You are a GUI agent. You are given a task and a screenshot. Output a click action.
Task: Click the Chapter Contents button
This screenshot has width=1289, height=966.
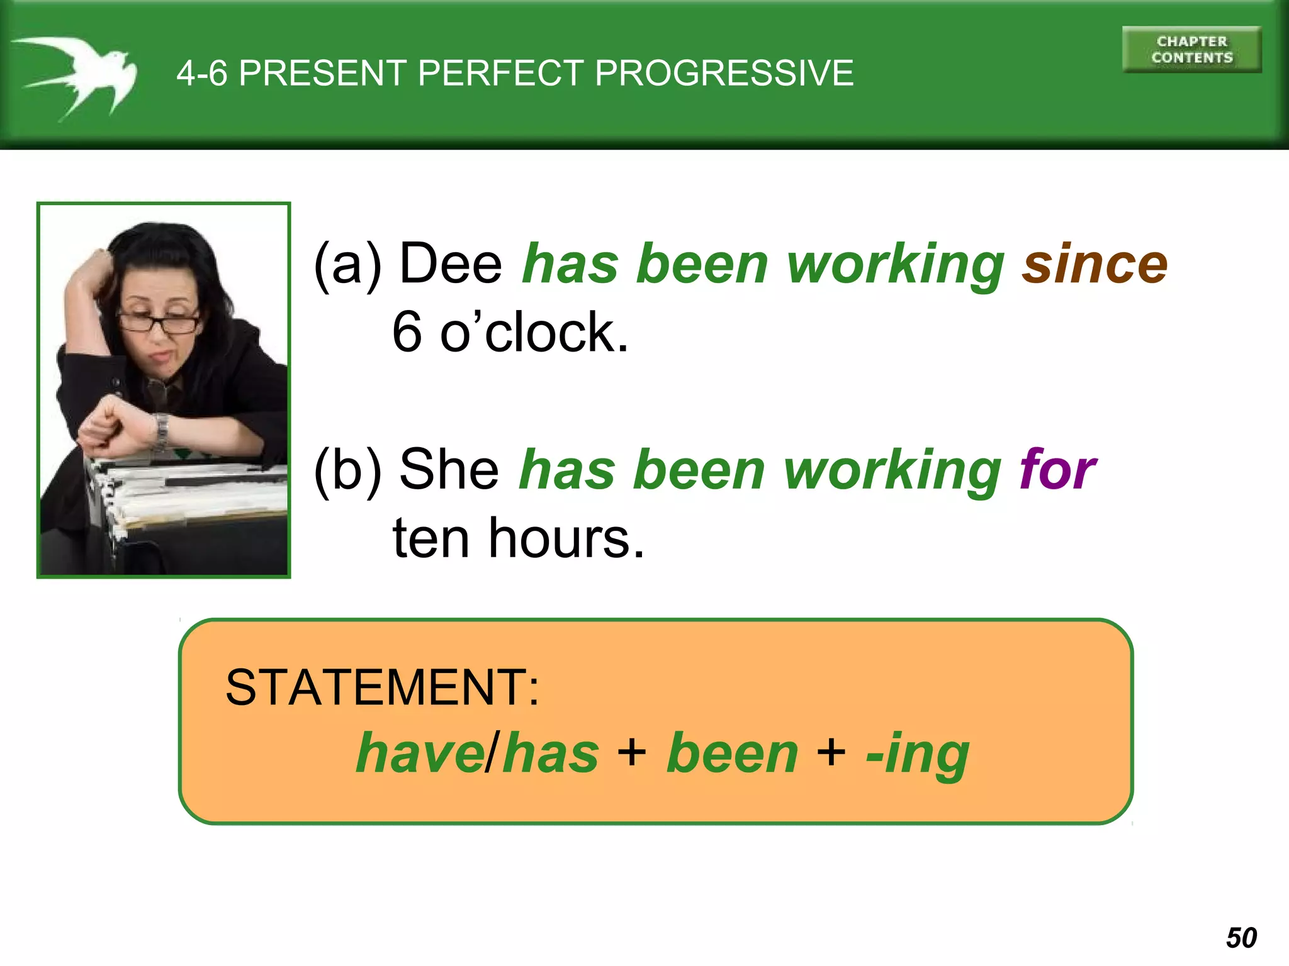[1191, 50]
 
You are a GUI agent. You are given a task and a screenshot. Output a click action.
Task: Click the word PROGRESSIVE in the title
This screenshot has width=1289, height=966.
[724, 73]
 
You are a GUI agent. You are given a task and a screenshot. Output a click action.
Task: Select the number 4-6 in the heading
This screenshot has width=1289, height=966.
[201, 73]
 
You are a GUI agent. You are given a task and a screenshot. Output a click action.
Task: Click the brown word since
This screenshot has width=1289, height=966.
[1095, 264]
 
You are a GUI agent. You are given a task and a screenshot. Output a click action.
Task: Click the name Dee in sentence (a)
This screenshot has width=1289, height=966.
[451, 264]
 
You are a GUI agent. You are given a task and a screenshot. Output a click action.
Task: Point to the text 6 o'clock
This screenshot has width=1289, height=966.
[510, 332]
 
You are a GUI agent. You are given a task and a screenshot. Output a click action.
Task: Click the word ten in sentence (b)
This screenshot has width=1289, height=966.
[431, 538]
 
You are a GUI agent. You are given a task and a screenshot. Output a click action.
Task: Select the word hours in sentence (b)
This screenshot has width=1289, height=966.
[566, 538]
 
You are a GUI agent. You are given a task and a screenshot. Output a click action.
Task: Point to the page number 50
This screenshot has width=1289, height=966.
[1241, 938]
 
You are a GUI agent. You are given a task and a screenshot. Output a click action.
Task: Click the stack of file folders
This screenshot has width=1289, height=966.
[189, 497]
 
